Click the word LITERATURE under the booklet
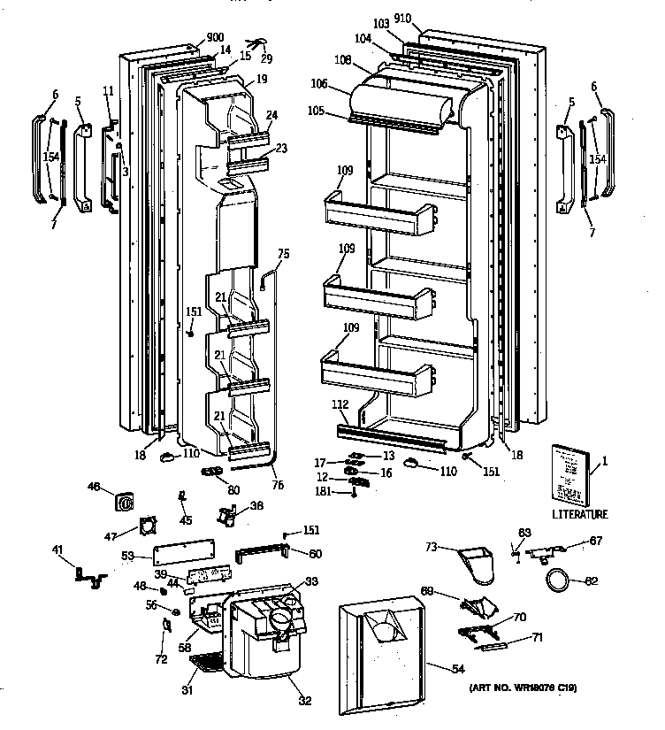pos(580,514)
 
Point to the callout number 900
pos(215,37)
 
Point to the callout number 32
pos(304,702)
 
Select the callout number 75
pos(283,253)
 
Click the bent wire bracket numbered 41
pos(90,576)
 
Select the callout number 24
pos(271,115)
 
